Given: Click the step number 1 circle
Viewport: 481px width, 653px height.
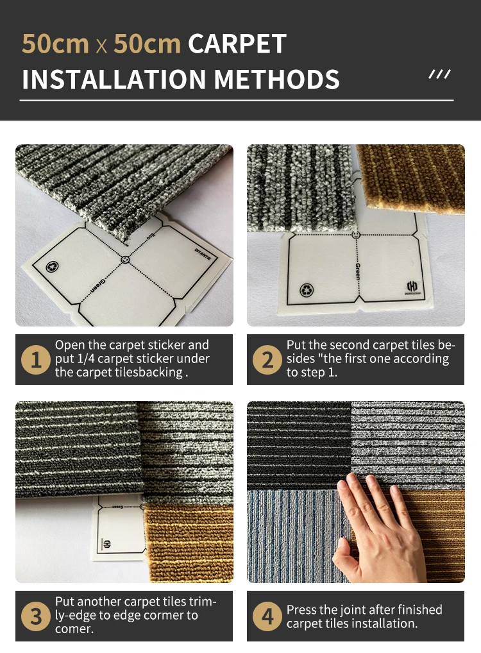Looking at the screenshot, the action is tap(36, 359).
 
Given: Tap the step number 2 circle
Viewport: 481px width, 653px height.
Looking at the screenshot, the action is tap(267, 359).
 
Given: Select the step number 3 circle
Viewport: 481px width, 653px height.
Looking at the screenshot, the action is tap(36, 616).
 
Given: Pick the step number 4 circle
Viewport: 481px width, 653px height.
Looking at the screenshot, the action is tap(267, 616).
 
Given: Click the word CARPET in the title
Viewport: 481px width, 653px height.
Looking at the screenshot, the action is tap(237, 44).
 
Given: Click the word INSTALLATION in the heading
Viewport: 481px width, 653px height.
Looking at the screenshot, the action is tap(114, 79).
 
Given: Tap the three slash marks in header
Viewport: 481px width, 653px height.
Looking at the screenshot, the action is tap(440, 74).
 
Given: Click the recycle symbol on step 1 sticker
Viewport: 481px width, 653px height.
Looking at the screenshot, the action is tap(52, 266).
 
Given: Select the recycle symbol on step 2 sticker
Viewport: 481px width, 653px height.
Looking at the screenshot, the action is tap(307, 290).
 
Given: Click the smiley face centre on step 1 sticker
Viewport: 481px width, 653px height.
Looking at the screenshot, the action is tap(125, 259).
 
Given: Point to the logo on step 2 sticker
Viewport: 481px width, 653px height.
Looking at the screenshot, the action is tap(413, 287).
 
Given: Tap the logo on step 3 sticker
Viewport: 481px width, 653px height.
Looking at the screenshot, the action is tap(106, 545).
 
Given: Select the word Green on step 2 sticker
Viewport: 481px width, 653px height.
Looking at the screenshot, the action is tap(358, 271).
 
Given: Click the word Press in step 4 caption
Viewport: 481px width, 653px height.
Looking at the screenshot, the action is tap(300, 609).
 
